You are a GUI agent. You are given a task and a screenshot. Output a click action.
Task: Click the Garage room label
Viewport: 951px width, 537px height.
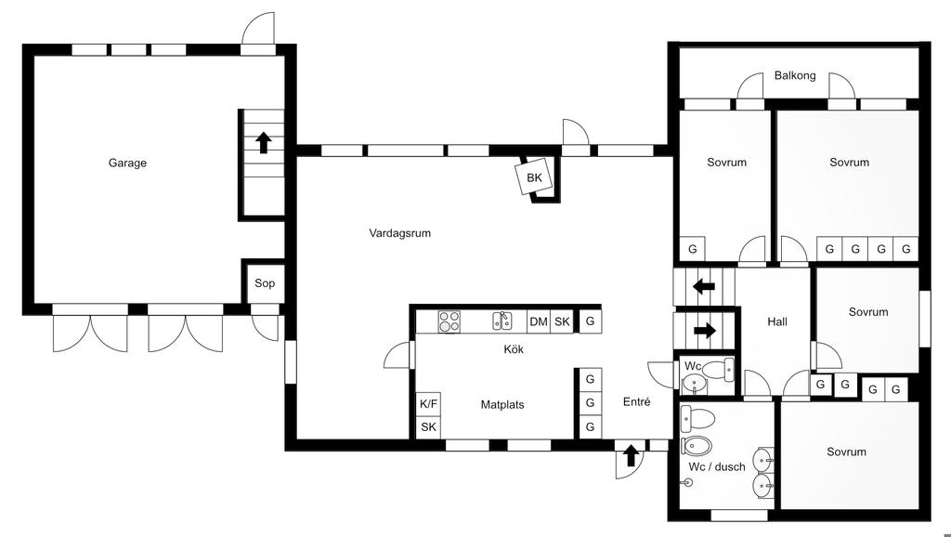[x=127, y=163]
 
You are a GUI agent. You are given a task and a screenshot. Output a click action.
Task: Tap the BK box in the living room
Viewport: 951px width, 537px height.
[x=534, y=177]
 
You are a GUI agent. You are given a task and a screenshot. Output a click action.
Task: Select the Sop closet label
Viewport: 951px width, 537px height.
[x=265, y=283]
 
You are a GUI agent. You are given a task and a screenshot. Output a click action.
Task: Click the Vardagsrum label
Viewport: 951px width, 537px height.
[x=399, y=233]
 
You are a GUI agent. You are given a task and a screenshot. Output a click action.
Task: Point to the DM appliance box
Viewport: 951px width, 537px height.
[x=539, y=321]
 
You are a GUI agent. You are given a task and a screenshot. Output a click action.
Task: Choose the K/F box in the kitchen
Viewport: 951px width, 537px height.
[x=428, y=404]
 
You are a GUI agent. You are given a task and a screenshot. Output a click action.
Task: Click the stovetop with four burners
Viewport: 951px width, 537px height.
[x=449, y=321]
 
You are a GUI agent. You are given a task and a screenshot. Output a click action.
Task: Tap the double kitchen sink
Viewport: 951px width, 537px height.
[x=502, y=321]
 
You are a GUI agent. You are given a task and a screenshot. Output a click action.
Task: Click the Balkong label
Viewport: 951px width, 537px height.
[x=795, y=75]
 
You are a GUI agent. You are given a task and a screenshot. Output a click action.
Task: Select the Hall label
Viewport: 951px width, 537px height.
[x=777, y=321]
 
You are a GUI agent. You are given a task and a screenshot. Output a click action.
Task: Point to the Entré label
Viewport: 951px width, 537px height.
[x=637, y=402]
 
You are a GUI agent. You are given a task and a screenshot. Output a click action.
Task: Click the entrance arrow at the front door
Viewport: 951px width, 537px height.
[x=631, y=455]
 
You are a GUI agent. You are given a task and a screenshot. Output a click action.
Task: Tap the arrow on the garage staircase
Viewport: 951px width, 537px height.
[x=264, y=142]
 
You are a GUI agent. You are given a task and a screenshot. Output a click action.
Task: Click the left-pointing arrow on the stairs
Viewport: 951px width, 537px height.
[x=703, y=286]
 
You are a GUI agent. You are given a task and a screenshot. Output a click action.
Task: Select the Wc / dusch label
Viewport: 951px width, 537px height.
[x=717, y=466]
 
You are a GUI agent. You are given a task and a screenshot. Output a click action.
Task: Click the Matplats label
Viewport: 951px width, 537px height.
[x=502, y=404]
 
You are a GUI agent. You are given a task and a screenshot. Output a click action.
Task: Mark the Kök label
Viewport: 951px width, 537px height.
[x=514, y=349]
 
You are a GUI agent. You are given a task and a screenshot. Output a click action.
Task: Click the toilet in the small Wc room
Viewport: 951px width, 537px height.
[x=717, y=371]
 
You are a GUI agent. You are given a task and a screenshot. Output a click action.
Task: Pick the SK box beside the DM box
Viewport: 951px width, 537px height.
[x=562, y=321]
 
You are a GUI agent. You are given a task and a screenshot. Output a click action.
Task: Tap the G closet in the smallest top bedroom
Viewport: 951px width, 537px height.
[x=692, y=249]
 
